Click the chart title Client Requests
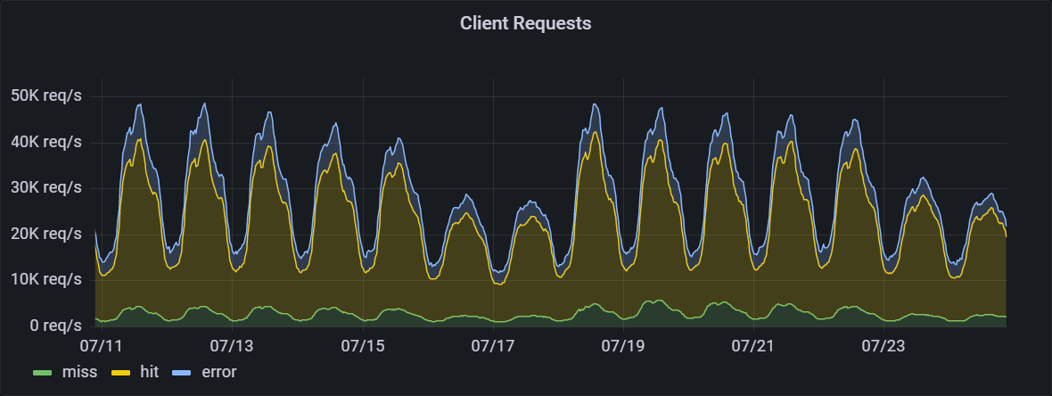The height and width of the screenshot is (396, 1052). (x=525, y=24)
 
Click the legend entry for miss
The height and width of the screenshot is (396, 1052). (x=79, y=371)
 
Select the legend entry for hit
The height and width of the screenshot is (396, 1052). (x=149, y=371)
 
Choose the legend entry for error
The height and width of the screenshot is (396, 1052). (x=218, y=371)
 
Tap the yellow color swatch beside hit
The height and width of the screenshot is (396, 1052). (x=120, y=372)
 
